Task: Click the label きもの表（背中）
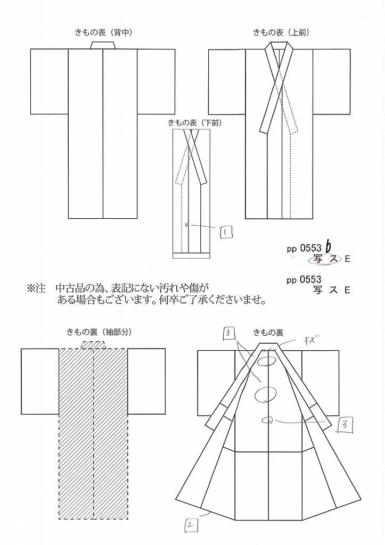pos(103,32)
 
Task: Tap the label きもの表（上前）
pos(281,32)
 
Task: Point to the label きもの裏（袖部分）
pos(99,332)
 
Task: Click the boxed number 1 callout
pos(226,232)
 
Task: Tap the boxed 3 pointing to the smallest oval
pos(343,425)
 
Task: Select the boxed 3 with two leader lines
pos(228,334)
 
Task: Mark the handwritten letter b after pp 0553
pos(328,247)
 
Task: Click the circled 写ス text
pos(324,259)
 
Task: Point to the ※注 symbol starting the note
pos(37,288)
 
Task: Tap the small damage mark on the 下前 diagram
pos(187,225)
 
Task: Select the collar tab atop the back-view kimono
pos(103,45)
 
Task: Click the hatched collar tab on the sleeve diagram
pos(93,345)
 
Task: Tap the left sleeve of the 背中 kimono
pos(49,81)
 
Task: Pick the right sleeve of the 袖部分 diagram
pos(146,381)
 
